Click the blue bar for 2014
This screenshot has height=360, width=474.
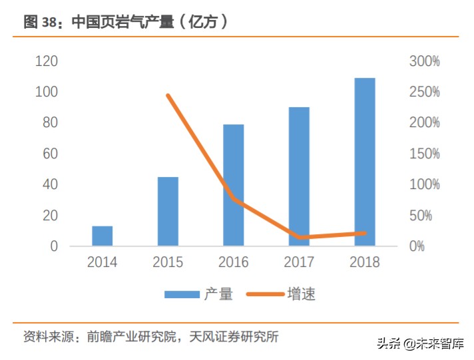102,236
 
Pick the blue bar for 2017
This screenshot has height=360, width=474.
299,176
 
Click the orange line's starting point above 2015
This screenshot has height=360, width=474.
168,96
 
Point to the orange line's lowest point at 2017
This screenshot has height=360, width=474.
299,237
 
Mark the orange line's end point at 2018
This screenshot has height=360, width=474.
364,233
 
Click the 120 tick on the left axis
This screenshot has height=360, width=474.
47,61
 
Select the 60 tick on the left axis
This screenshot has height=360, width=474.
51,154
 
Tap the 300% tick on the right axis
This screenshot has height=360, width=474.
424,61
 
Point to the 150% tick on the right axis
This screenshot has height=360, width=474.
424,154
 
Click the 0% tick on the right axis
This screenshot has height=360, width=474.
418,246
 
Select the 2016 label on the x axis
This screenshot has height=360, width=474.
233,262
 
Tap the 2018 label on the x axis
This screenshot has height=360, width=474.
364,262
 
